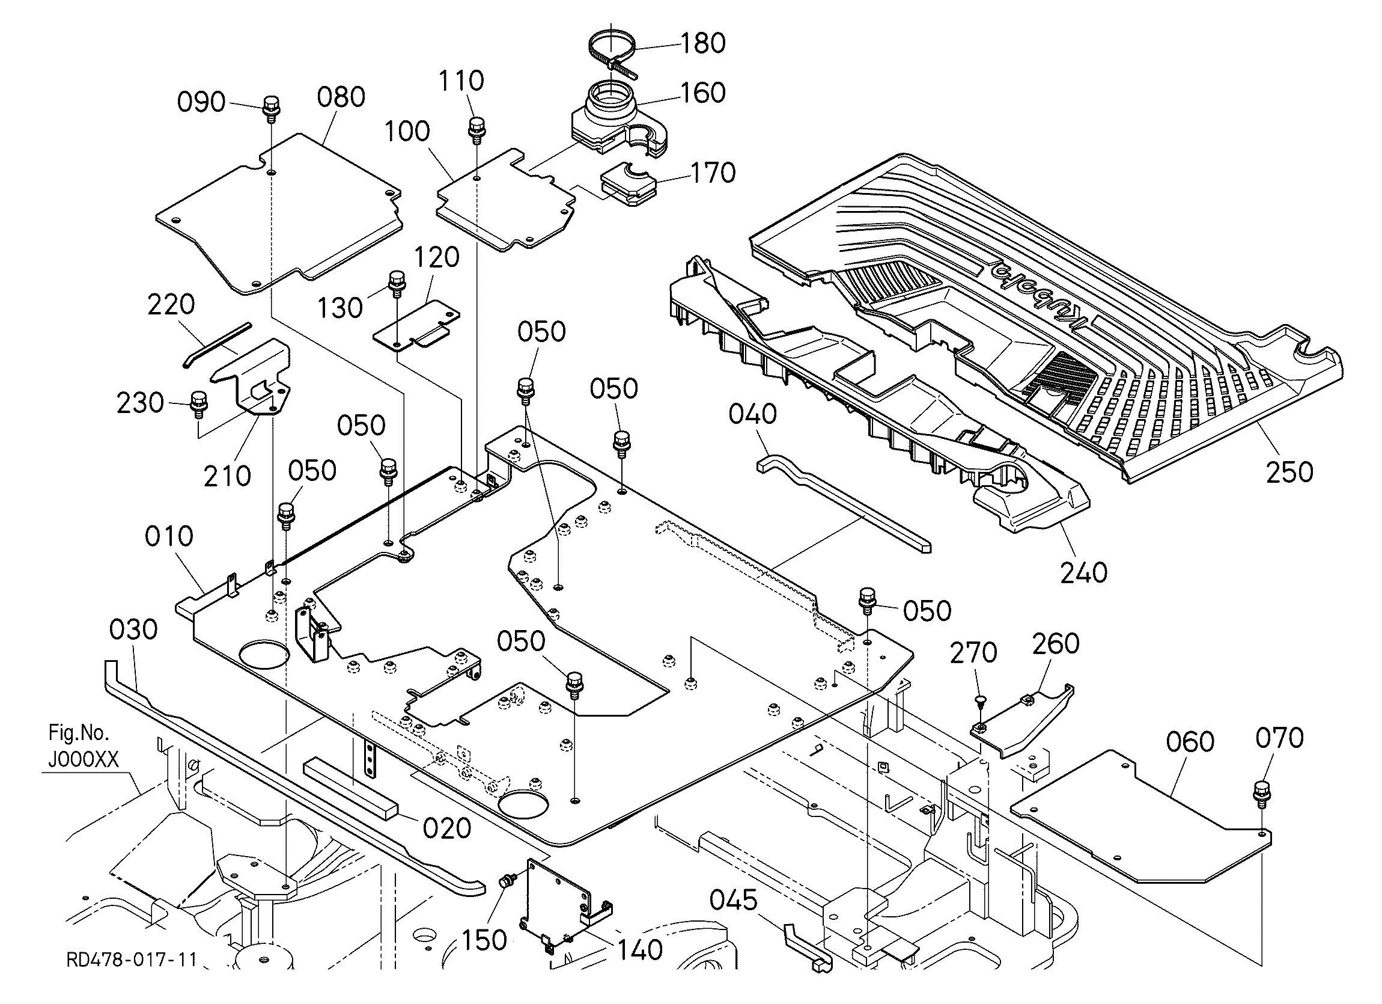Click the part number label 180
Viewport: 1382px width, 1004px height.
[x=702, y=43]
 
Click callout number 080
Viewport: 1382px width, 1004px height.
[x=341, y=97]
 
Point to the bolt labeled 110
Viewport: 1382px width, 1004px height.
[x=476, y=127]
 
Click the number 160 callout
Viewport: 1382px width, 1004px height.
[x=702, y=93]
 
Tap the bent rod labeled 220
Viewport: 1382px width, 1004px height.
[x=216, y=346]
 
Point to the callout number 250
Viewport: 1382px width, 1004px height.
[x=1289, y=472]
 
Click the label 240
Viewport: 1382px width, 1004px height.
[x=1083, y=572]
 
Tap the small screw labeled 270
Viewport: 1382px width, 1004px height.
[x=980, y=700]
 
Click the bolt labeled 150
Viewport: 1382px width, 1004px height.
[x=507, y=880]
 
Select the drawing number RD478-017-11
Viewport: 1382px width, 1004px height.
[x=132, y=960]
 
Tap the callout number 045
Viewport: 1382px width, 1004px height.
[x=734, y=900]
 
